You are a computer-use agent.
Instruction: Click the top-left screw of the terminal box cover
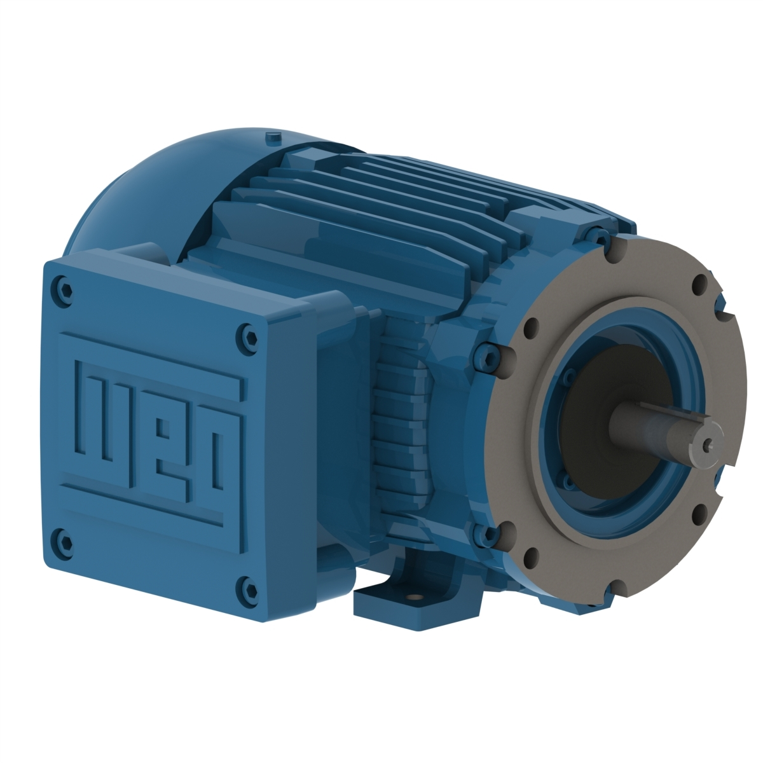pyautogui.click(x=60, y=281)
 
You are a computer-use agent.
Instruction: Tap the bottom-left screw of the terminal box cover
pyautogui.click(x=60, y=533)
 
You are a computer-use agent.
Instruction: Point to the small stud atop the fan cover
pyautogui.click(x=273, y=136)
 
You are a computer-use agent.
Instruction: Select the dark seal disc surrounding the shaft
pyautogui.click(x=591, y=407)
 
